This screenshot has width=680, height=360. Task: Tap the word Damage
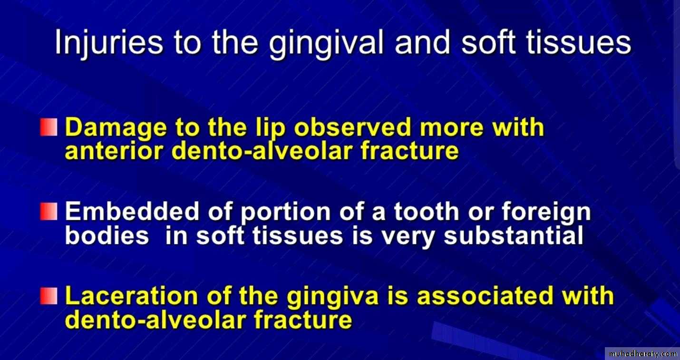pyautogui.click(x=116, y=128)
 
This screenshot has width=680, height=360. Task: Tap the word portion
pyautogui.click(x=285, y=213)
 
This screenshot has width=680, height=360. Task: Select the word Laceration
pyautogui.click(x=131, y=296)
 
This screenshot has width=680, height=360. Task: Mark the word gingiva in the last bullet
pyautogui.click(x=333, y=297)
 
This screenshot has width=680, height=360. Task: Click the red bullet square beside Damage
pyautogui.click(x=49, y=127)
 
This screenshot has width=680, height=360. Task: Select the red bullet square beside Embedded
pyautogui.click(x=49, y=212)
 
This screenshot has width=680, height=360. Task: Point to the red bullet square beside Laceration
pyautogui.click(x=49, y=296)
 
